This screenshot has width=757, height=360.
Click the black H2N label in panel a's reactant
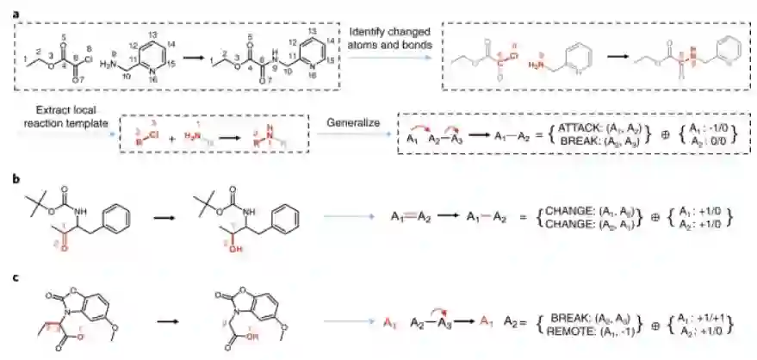pyautogui.click(x=109, y=64)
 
